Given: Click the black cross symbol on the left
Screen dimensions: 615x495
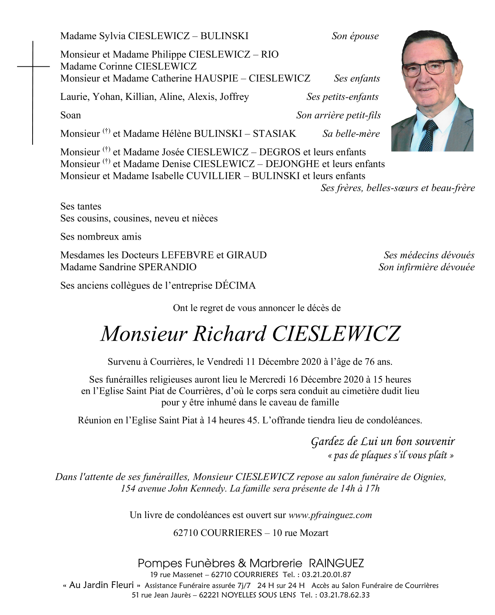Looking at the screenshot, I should [33, 66].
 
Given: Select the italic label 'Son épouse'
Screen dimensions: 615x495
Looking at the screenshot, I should [355, 36].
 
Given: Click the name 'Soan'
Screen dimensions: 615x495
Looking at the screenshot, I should [71, 115].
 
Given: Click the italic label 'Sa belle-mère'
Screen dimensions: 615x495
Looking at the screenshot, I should [351, 134].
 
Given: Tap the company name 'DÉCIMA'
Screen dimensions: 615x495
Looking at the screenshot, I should [235, 286].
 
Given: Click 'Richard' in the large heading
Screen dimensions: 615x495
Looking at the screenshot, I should [230, 334].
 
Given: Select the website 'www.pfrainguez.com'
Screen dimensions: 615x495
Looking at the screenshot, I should [330, 515].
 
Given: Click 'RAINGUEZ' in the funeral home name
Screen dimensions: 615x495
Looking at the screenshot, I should [336, 564].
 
